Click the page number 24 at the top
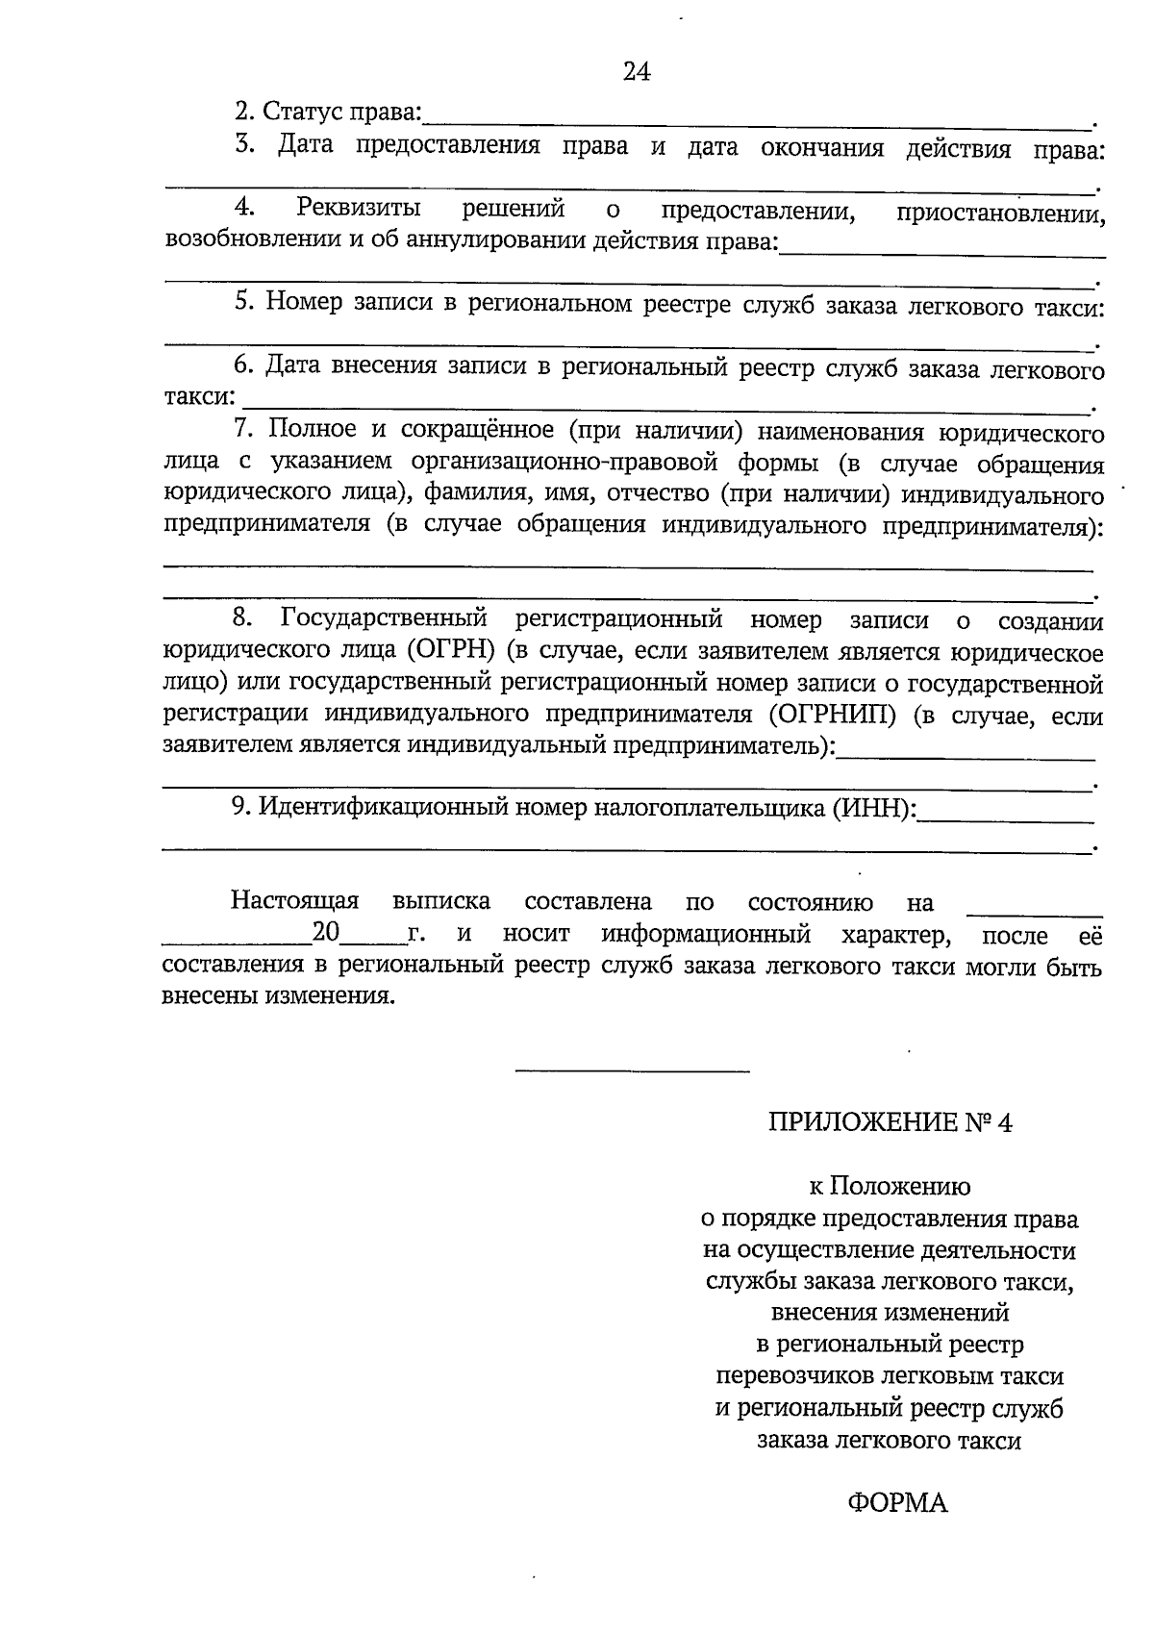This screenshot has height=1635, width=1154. [x=637, y=72]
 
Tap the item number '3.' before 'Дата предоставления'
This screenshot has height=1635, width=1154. [x=243, y=145]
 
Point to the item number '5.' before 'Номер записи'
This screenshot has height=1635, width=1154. [x=244, y=303]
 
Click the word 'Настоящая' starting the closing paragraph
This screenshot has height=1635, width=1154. [x=294, y=902]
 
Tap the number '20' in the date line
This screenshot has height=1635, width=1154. [x=327, y=933]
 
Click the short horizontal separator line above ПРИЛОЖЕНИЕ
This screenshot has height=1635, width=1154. [x=632, y=1069]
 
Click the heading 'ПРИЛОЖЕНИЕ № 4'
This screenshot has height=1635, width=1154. [x=890, y=1122]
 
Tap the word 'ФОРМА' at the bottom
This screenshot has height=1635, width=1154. [x=897, y=1502]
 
